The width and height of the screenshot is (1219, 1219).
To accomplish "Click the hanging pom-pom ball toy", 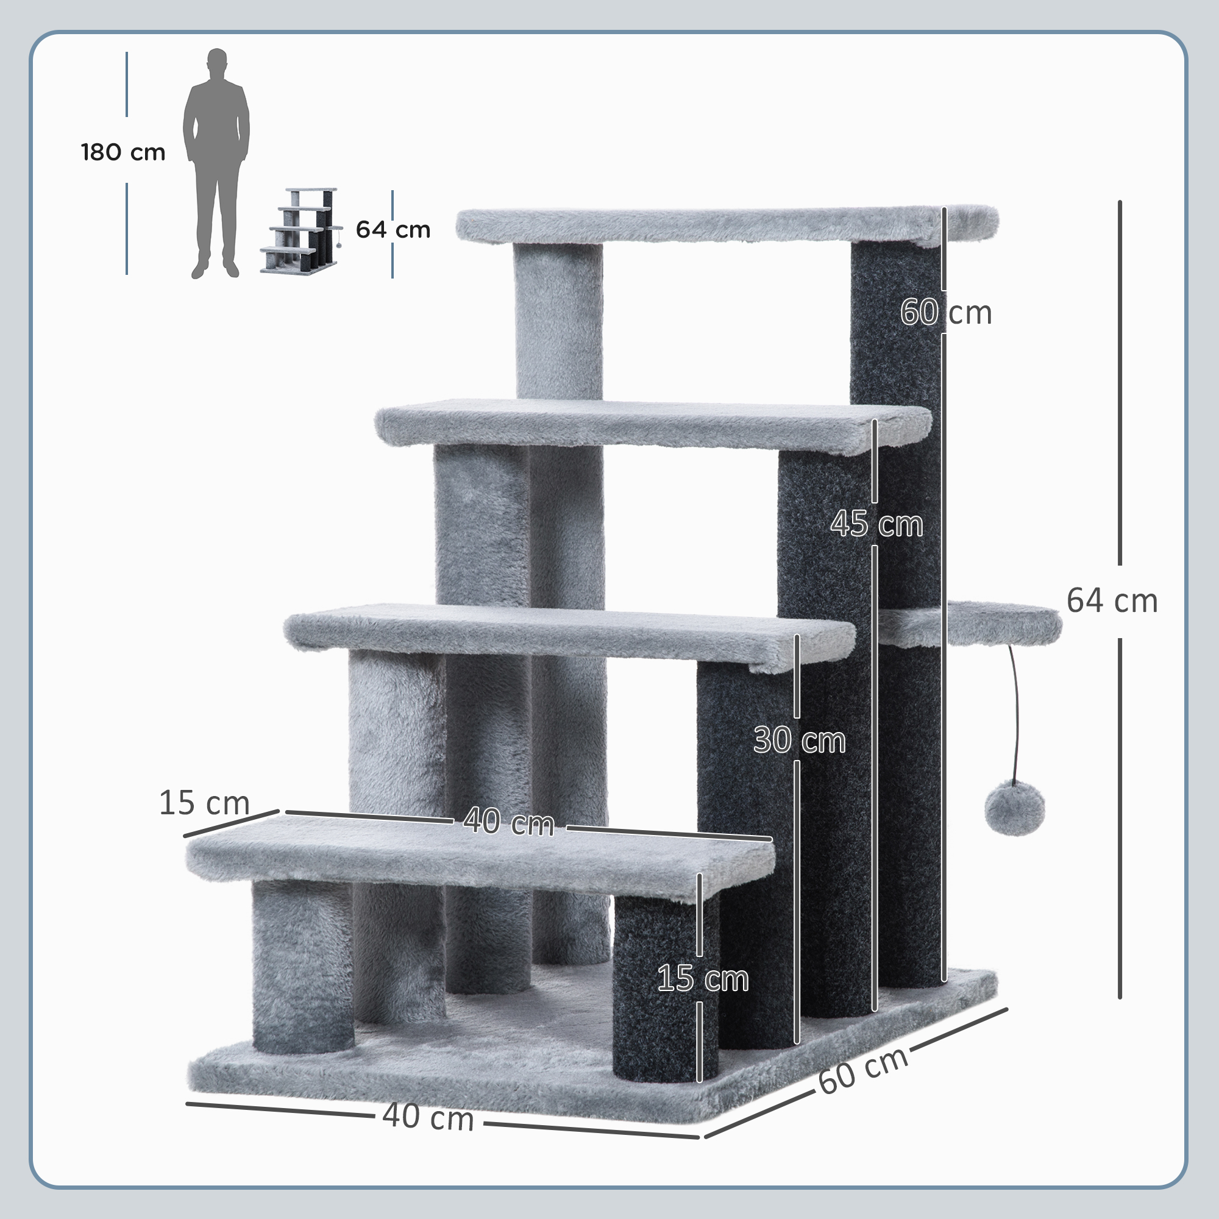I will [x=1015, y=808].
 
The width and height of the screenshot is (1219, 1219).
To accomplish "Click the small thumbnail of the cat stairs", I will [x=300, y=230].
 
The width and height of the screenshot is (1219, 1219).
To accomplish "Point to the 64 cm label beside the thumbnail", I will [x=393, y=230].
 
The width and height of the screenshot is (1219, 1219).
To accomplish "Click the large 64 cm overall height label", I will [x=1112, y=601].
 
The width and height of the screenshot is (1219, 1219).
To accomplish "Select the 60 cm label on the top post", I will [x=945, y=312].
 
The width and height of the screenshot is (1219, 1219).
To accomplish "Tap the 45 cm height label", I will [x=876, y=524].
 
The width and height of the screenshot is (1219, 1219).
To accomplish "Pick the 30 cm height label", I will [x=799, y=739].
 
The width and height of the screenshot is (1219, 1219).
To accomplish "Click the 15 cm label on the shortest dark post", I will [x=702, y=979].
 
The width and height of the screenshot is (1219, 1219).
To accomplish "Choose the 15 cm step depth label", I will [x=204, y=803].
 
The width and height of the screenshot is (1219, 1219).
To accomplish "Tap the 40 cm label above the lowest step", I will [x=508, y=822].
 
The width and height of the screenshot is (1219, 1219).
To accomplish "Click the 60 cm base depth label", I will [x=862, y=1071].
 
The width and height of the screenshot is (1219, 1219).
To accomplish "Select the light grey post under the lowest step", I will [x=303, y=965].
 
